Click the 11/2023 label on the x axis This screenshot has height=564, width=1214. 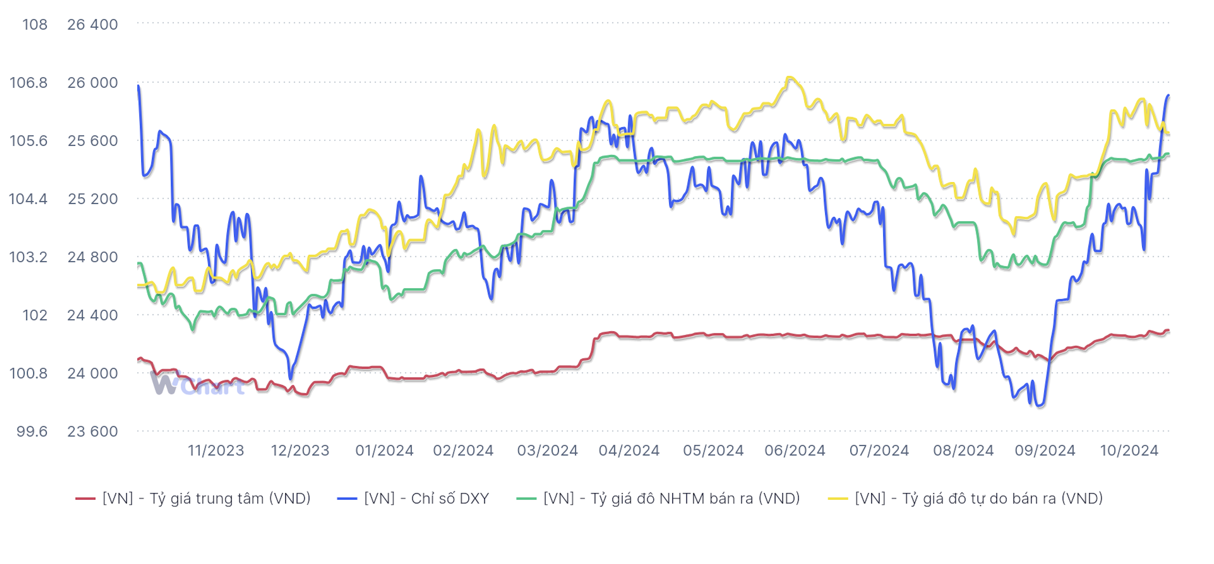[x=216, y=451]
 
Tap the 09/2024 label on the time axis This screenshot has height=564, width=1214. [x=1045, y=451]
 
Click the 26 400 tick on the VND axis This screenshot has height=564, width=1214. [x=92, y=25]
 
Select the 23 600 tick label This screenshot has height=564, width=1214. [x=92, y=432]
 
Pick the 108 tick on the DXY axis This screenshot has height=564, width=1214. [x=35, y=25]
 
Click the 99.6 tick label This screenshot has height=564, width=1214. [x=32, y=432]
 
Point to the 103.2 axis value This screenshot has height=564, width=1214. [x=28, y=257]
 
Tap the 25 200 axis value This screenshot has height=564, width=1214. [x=92, y=199]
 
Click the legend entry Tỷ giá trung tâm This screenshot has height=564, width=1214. [x=206, y=499]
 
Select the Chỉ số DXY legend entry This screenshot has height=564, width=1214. [x=426, y=499]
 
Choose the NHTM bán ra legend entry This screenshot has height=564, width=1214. [x=671, y=499]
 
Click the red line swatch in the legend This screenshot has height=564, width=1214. [x=85, y=499]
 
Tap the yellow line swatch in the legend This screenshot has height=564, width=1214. [x=838, y=499]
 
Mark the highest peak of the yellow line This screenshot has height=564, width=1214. [x=790, y=77]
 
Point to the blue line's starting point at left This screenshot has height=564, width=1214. [x=138, y=86]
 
